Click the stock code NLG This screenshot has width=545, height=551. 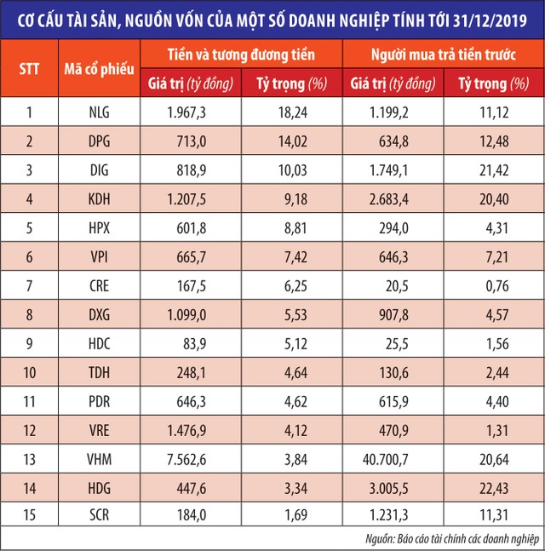coord(100,112)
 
